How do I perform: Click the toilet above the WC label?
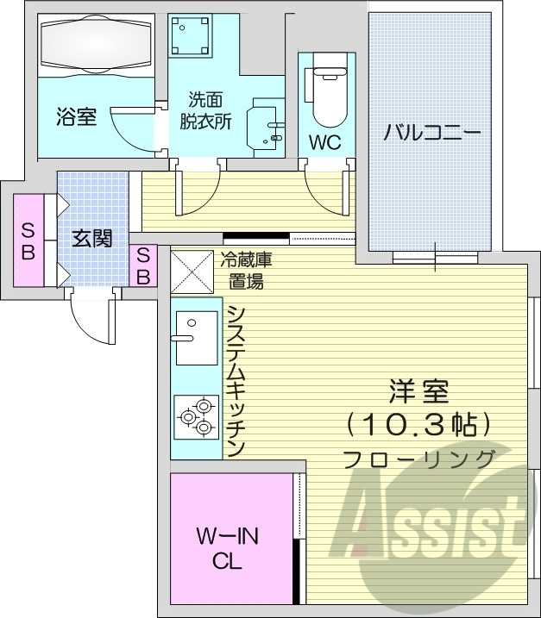coord(326,92)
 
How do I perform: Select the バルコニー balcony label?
coord(431,133)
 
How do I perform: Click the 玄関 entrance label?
coord(91,239)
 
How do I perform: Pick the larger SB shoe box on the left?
coord(28,240)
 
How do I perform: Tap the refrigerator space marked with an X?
coord(190,271)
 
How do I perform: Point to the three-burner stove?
coord(196,415)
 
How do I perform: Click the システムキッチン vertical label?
coord(236,379)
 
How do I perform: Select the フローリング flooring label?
coord(418,459)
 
